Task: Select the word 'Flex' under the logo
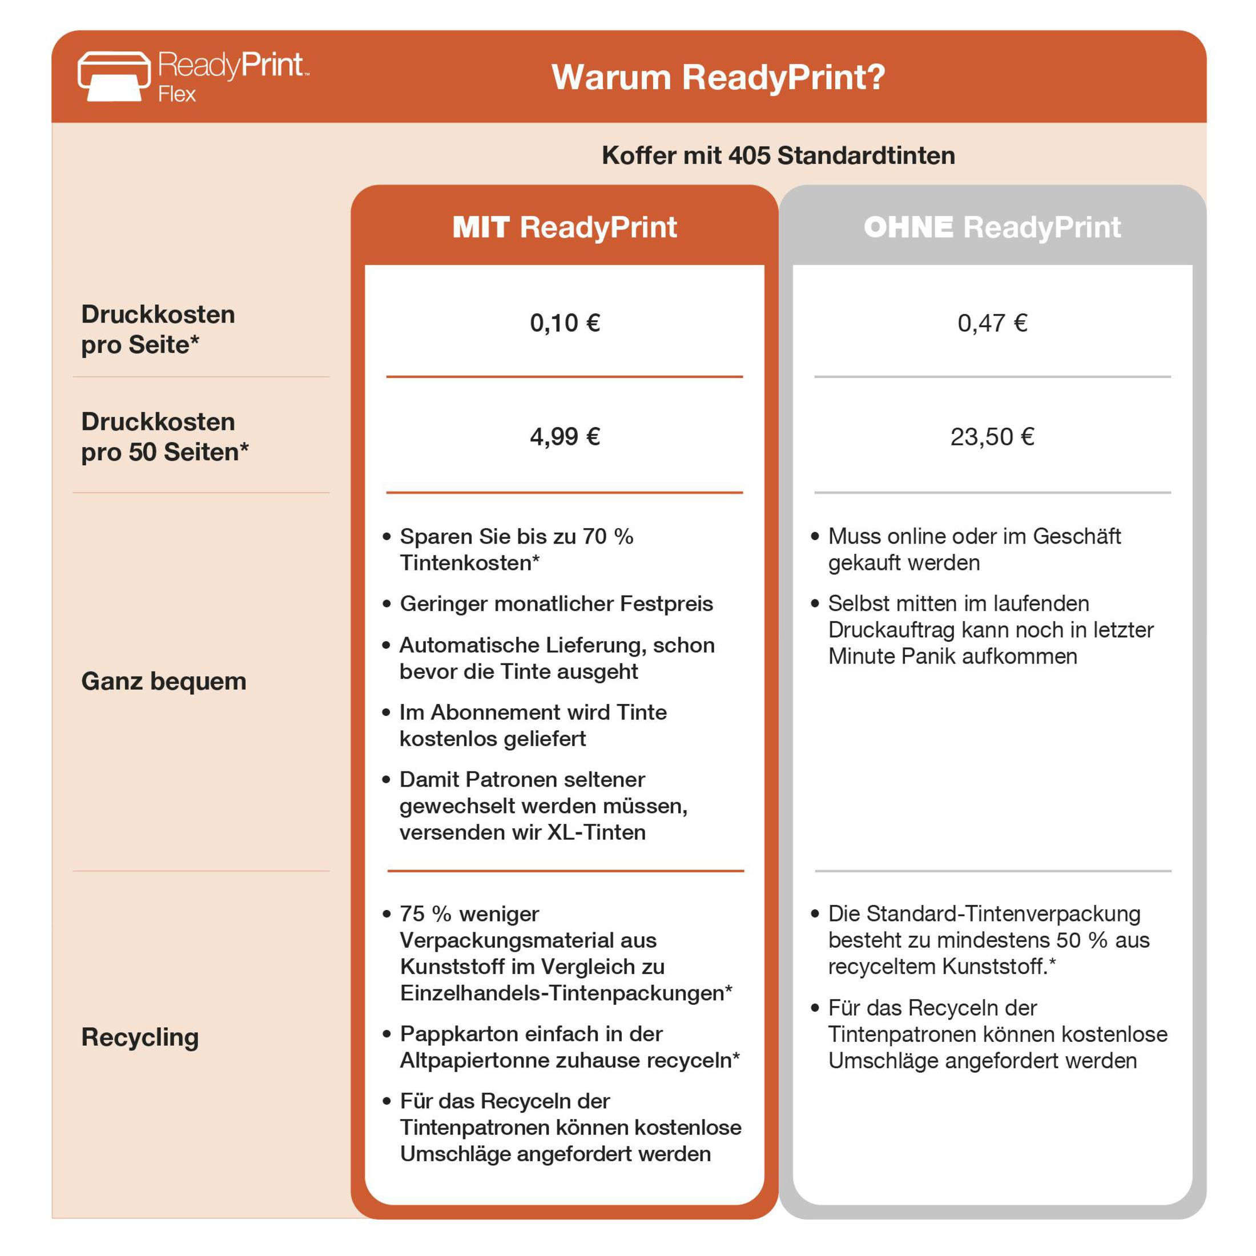(176, 95)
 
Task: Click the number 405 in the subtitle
(749, 156)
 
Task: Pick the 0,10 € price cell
(564, 323)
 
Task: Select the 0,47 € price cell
(992, 323)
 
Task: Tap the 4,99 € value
(564, 436)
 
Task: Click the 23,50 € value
(992, 436)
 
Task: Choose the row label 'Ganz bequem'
(164, 681)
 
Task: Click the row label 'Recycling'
(140, 1037)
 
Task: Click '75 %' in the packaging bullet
(425, 914)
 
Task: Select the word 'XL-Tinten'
(596, 832)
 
